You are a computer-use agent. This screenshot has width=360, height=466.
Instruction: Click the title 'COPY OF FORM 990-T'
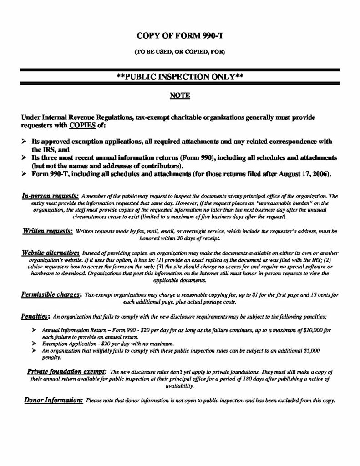[180, 35]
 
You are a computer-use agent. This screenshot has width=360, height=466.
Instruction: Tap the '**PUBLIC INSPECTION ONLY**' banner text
[179, 77]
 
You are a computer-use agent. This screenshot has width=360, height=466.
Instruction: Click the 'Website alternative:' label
[51, 252]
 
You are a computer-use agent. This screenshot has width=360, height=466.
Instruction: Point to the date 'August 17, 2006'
[295, 174]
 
